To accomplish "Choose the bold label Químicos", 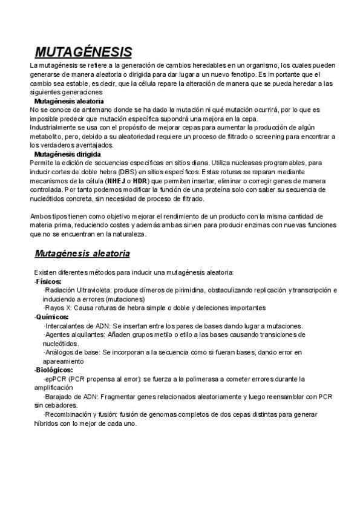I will click(x=51, y=316).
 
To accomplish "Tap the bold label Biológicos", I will click(x=53, y=370).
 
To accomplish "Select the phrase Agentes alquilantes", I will click(x=71, y=334).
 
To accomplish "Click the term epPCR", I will click(x=55, y=379).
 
